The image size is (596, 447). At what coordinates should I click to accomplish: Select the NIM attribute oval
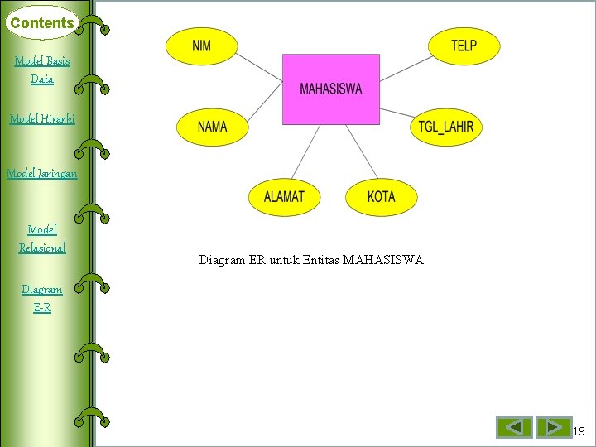coord(201,46)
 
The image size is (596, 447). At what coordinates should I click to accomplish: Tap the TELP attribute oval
coord(464,46)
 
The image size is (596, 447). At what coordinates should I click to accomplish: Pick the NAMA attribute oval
coord(213,127)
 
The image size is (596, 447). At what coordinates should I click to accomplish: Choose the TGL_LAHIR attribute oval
coord(445,127)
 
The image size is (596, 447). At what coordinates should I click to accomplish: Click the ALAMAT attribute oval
coord(284,197)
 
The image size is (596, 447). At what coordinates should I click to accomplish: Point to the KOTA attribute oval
coord(382,197)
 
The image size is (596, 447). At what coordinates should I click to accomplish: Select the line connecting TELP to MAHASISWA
coord(406,69)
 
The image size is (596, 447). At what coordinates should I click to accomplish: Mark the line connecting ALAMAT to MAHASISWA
coord(305,152)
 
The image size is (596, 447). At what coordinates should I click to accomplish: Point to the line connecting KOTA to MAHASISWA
coord(361,152)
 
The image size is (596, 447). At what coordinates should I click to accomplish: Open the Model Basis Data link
coord(42,70)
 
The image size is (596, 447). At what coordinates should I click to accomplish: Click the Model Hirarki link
coord(42,118)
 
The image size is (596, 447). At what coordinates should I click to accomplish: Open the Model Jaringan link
coord(42,173)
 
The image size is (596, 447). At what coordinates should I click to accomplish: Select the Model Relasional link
coord(42,238)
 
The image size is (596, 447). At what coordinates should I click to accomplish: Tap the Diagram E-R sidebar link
coord(42,298)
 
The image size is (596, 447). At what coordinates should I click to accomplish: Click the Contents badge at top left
coord(41,23)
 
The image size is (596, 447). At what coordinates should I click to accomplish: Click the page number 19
coord(579,431)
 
